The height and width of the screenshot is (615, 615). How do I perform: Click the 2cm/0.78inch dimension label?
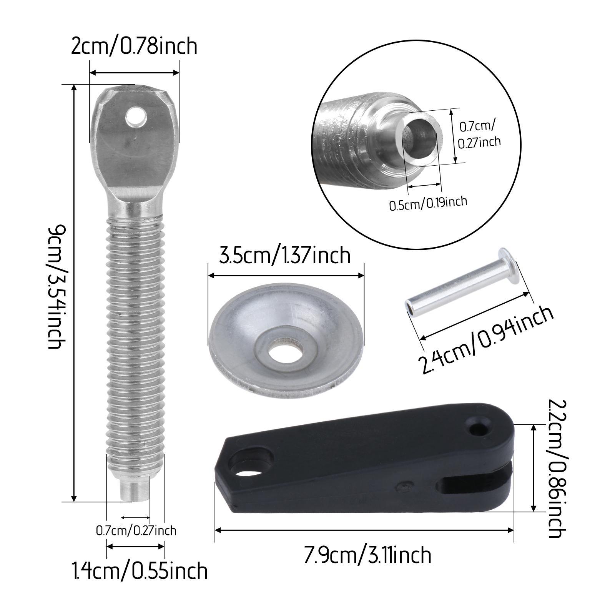click(134, 47)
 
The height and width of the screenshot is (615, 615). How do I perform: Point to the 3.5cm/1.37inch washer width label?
click(285, 255)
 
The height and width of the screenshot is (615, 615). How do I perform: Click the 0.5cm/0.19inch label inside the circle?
click(428, 203)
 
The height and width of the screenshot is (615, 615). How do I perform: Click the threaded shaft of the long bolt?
click(135, 338)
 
